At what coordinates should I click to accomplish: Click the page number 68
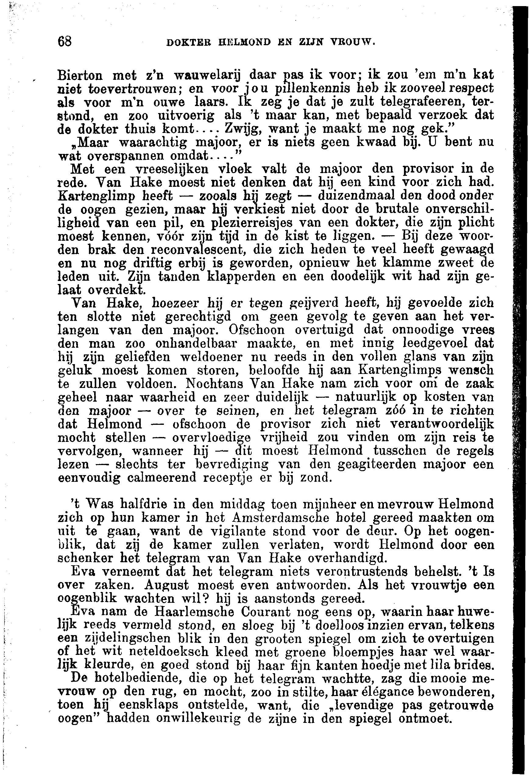(64, 42)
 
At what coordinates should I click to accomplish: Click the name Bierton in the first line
(80, 74)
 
